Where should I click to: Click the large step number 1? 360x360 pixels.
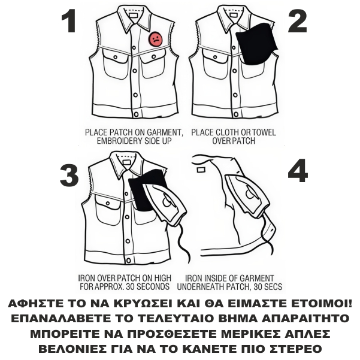(x=69, y=21)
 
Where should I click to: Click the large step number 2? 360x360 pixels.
(x=298, y=21)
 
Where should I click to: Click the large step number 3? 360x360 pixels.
(x=69, y=176)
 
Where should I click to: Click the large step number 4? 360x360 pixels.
(x=298, y=171)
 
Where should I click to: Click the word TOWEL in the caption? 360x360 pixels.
(x=264, y=132)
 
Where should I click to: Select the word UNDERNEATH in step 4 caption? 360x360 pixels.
(x=199, y=287)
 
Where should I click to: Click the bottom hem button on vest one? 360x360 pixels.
(x=136, y=114)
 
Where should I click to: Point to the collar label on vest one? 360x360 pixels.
(x=133, y=16)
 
